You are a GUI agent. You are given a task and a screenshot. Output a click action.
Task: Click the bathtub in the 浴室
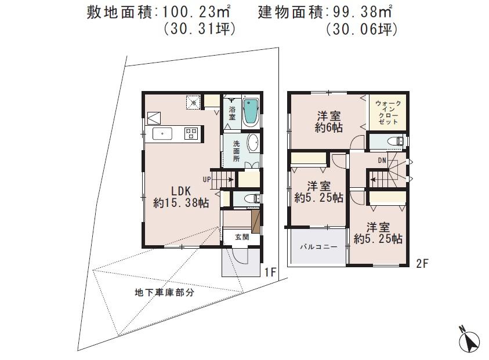251,112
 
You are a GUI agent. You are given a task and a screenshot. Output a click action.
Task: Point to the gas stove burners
191,134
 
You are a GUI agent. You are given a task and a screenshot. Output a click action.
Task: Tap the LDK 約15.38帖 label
181,197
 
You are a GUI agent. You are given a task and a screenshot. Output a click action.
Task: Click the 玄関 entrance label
242,237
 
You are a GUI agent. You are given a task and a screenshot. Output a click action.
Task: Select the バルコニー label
318,246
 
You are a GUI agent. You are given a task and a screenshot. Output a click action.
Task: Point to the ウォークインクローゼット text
387,112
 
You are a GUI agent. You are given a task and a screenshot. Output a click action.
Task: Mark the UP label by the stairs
207,179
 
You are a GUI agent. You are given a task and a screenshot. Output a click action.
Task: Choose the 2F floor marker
422,263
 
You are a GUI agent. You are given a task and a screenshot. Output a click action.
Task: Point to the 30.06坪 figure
361,29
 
